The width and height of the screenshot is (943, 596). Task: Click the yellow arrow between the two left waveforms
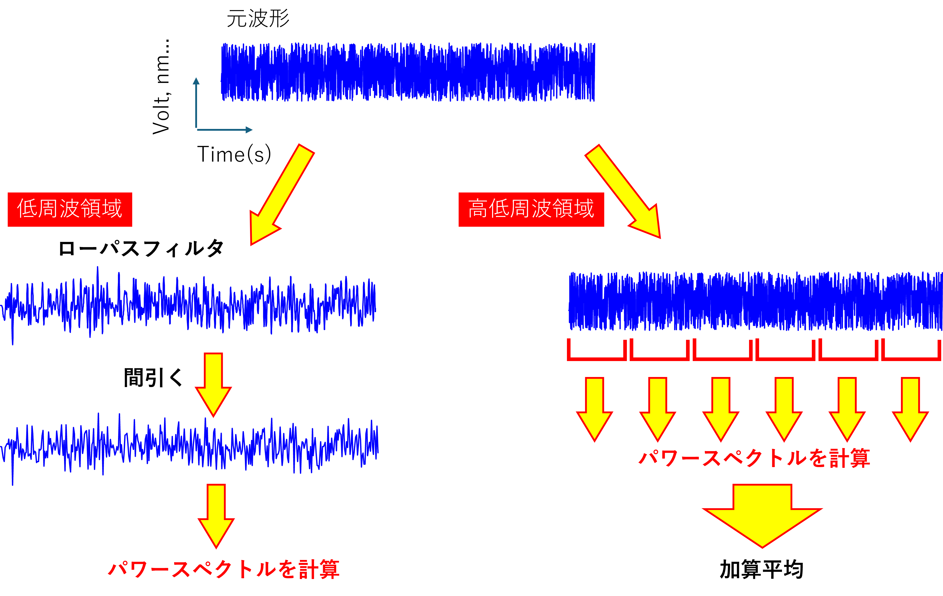[x=213, y=384]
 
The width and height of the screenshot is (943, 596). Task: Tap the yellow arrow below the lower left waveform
[x=216, y=515]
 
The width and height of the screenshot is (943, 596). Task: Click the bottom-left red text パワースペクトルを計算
[x=224, y=569]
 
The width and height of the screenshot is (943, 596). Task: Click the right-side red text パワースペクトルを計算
[x=754, y=458]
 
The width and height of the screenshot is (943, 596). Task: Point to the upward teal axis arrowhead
[x=196, y=81]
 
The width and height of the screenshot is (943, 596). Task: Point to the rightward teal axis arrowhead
[x=249, y=130]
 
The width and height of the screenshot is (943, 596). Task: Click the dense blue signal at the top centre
[x=408, y=73]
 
